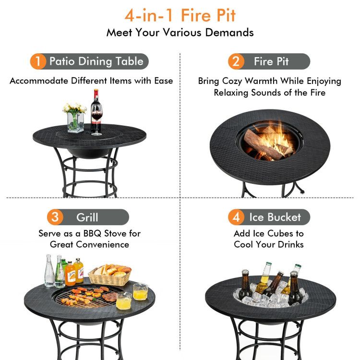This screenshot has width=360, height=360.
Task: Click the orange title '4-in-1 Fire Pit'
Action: [180, 15]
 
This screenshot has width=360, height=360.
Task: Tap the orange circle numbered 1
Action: [37, 61]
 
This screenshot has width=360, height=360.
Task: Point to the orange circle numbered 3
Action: [55, 217]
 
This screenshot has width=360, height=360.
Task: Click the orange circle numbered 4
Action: [236, 217]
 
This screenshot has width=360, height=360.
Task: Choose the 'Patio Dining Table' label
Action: [96, 61]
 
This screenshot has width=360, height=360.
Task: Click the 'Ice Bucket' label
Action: [275, 217]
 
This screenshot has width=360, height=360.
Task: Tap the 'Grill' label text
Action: [87, 217]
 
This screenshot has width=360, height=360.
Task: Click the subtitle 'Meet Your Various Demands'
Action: [180, 33]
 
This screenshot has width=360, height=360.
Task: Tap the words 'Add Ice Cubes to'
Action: [269, 233]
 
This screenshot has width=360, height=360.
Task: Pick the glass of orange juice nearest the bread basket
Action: [140, 292]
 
